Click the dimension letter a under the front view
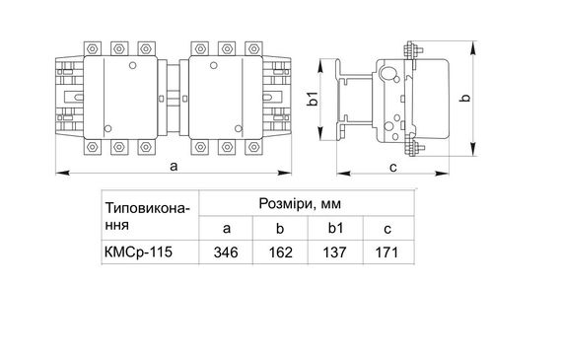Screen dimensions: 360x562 [174, 168]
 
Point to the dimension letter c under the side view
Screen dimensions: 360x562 [392, 167]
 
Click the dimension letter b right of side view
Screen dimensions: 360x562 [466, 97]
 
